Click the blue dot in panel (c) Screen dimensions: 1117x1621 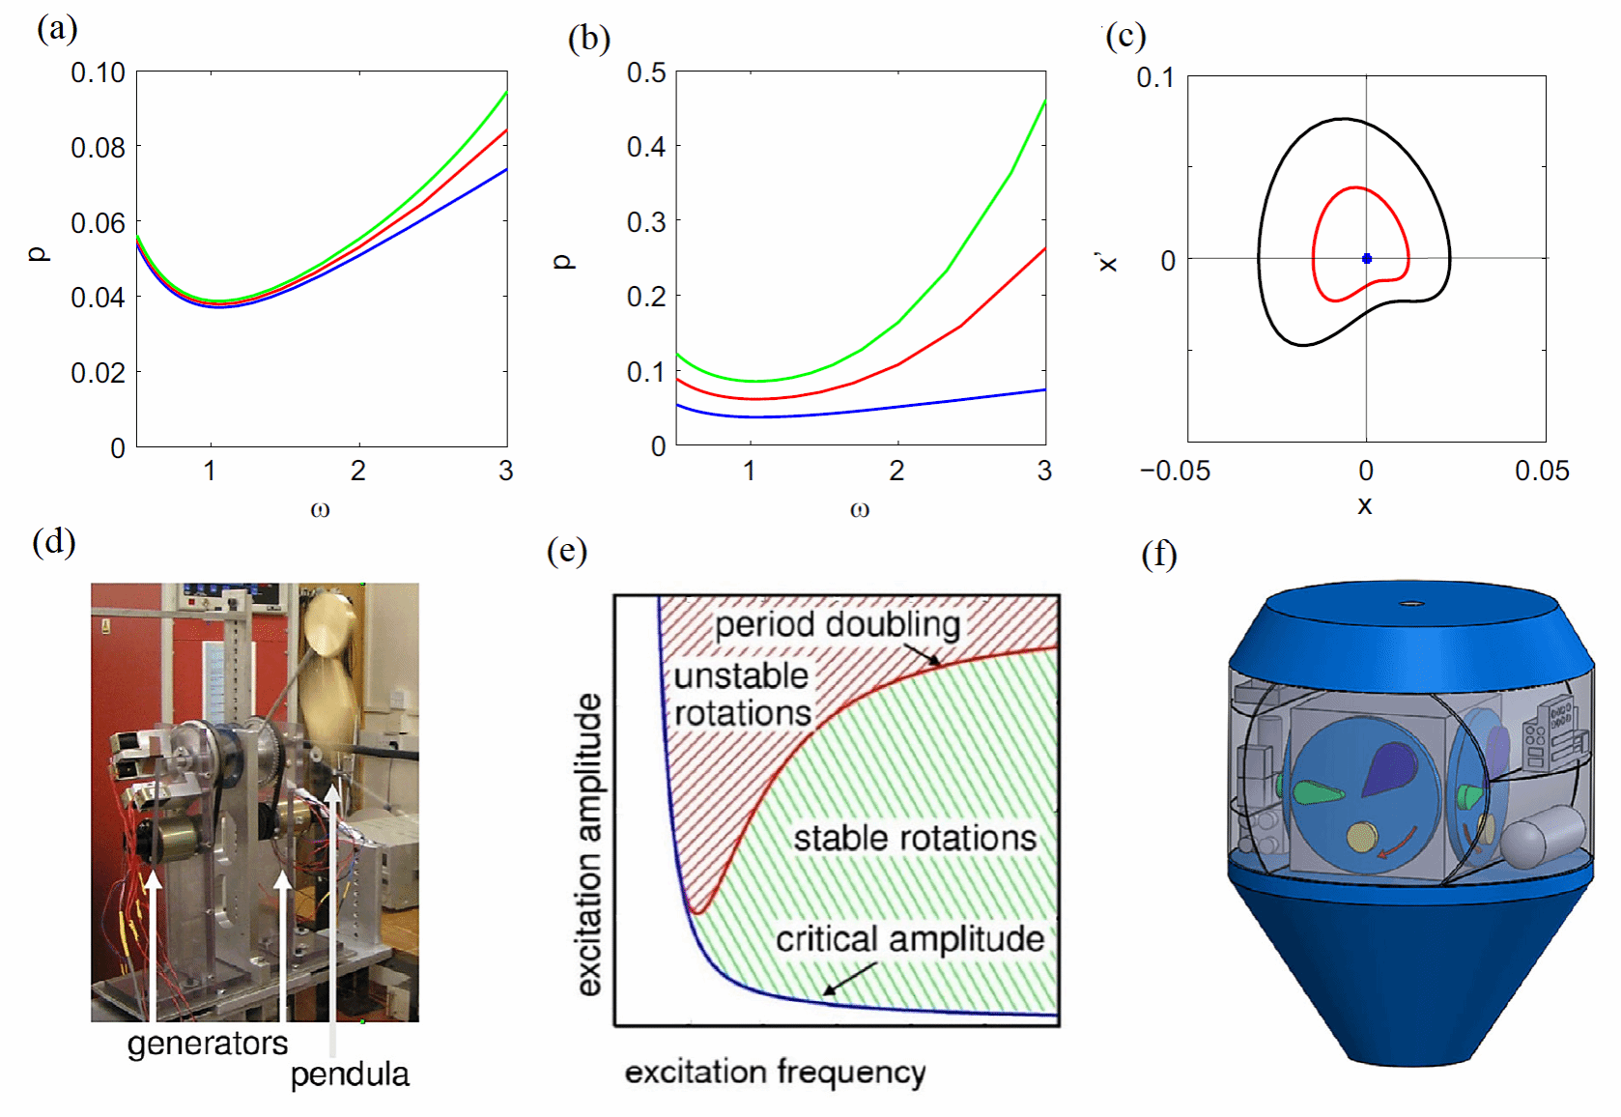[x=1367, y=259]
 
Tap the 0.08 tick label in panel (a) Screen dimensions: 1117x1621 [x=98, y=148]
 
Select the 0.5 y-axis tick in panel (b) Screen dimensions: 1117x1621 [x=646, y=73]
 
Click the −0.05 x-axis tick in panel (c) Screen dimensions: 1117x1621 [x=1175, y=472]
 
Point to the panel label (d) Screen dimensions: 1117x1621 [x=54, y=541]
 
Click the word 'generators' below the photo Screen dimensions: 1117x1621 [x=208, y=1044]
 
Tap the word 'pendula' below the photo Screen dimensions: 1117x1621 [x=350, y=1074]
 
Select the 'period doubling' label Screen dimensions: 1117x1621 [x=838, y=625]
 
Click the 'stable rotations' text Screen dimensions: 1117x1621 [x=915, y=838]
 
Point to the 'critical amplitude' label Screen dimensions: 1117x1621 [x=909, y=939]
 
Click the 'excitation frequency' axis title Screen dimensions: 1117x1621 [x=775, y=1073]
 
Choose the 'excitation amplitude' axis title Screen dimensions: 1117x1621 [x=589, y=844]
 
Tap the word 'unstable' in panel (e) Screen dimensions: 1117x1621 [x=741, y=676]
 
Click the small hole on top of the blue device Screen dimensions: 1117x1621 [x=1411, y=604]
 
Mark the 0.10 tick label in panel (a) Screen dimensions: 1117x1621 [x=98, y=73]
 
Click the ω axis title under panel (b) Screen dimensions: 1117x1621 [x=860, y=509]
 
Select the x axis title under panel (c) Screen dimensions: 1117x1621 [x=1364, y=505]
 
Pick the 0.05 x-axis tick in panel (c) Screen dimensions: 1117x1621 [x=1542, y=472]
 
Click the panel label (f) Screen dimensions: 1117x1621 [x=1159, y=555]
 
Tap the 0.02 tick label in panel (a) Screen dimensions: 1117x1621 [x=98, y=373]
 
